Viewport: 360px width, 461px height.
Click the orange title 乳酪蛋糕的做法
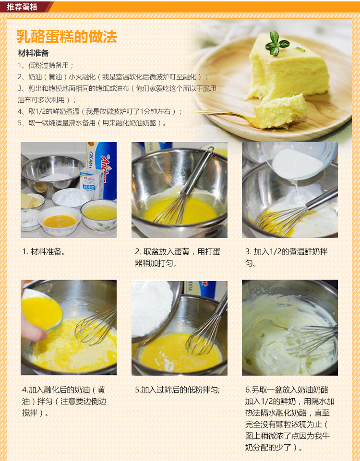67,37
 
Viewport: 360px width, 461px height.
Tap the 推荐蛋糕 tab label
23,7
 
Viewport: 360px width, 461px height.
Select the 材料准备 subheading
33,53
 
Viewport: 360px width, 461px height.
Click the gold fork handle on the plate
224,115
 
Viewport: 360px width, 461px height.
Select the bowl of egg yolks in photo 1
60,221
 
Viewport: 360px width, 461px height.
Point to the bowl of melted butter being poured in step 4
42,309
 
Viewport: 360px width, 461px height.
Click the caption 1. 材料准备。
44,252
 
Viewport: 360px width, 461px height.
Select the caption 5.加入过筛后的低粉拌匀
177,390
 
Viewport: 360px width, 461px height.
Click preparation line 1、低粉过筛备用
46,65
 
